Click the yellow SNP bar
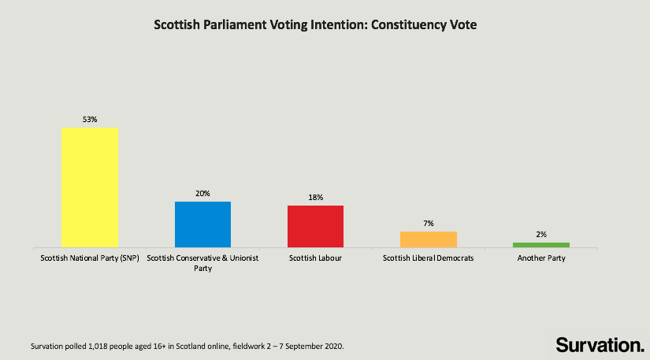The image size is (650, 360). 90,187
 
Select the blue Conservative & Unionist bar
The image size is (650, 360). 202,225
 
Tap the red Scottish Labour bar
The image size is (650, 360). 315,227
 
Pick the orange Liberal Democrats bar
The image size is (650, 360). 428,239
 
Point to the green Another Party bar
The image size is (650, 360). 540,245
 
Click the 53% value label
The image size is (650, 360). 90,119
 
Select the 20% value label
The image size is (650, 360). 202,193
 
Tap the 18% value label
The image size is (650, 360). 315,197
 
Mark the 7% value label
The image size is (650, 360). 428,223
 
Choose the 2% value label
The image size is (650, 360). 540,234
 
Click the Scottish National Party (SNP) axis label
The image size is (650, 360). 90,258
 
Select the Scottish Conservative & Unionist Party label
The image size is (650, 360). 202,263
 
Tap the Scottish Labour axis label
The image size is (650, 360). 315,258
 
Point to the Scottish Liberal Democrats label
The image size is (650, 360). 428,258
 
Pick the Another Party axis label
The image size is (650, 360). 540,258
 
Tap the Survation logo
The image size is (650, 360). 600,344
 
